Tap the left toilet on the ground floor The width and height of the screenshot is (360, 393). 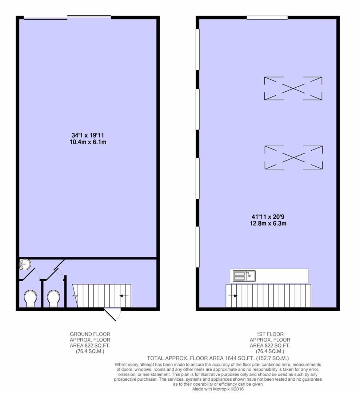[30, 298]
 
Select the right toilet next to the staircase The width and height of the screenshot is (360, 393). [53, 298]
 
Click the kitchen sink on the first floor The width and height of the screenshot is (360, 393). [244, 276]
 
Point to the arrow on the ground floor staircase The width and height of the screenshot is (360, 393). [124, 296]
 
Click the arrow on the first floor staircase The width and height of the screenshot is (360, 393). [233, 296]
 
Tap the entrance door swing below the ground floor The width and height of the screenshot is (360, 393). [112, 314]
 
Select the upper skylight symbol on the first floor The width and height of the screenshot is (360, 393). [293, 88]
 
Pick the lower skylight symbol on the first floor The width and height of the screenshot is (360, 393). [293, 158]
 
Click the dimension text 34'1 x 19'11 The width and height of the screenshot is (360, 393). [88, 135]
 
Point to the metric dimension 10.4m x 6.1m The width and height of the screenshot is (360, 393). [88, 142]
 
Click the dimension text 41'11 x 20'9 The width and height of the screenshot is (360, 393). [268, 217]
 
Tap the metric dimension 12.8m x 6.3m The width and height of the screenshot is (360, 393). [268, 223]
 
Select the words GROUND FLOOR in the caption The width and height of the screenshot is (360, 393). [90, 334]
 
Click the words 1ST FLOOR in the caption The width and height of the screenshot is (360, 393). [270, 334]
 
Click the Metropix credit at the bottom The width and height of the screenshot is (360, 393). [218, 389]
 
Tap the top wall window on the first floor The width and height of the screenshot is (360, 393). [267, 17]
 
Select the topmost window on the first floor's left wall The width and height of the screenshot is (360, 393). [198, 49]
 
